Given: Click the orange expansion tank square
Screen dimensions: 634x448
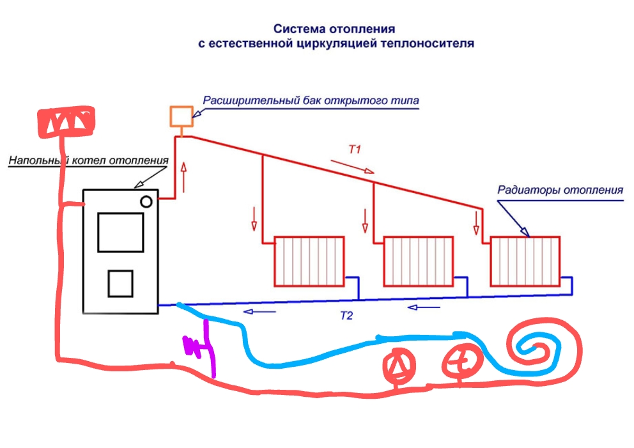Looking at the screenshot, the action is (181, 116).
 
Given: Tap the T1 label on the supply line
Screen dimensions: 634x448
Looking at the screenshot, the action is (355, 150).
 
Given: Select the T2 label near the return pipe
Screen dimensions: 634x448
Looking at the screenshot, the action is (346, 316).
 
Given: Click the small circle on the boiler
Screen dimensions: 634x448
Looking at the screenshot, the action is (146, 201).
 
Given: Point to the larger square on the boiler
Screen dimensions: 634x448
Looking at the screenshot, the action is (121, 233).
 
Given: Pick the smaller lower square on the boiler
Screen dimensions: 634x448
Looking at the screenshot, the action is (121, 284).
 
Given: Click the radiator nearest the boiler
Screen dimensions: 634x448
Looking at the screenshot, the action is (309, 261).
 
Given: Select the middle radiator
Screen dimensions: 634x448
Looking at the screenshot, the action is (418, 261).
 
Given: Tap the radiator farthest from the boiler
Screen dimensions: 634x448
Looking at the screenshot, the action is (525, 261).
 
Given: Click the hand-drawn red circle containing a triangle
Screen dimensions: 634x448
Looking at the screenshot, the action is (399, 365).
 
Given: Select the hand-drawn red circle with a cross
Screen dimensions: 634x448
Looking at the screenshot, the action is (463, 360).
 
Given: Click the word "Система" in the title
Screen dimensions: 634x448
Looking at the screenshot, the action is (299, 29).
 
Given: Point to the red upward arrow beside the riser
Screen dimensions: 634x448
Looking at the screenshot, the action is (184, 177).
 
